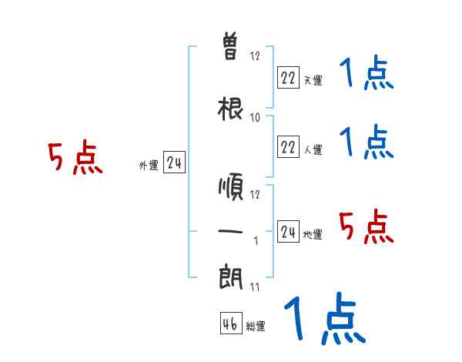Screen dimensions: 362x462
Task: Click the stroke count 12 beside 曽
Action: pos(256,56)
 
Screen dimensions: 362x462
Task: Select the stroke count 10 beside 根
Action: pos(256,117)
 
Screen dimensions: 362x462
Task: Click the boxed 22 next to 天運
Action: pos(288,77)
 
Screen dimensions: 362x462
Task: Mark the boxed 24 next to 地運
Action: pos(288,232)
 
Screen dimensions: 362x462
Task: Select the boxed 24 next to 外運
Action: pos(175,163)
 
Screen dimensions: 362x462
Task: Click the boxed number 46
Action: pos(230,324)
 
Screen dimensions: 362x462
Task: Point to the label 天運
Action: pos(313,80)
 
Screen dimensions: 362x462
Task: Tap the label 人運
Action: pos(313,149)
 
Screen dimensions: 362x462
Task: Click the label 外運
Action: pos(149,166)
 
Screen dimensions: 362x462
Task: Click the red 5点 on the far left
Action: pos(75,159)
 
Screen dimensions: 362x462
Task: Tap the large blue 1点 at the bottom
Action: pos(324,318)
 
